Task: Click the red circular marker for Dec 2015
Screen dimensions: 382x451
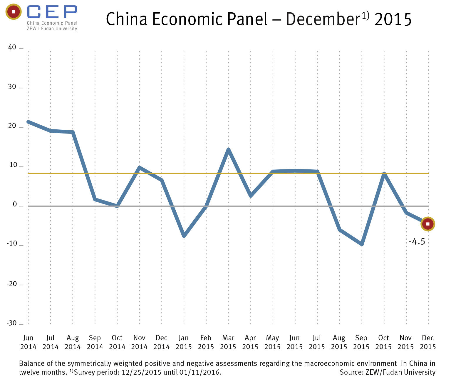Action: [x=428, y=224]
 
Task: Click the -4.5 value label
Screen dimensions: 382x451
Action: [x=417, y=242]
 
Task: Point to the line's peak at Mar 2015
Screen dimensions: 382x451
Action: [x=228, y=150]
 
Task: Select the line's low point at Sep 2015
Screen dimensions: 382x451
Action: [x=362, y=244]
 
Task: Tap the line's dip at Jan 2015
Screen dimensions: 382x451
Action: [x=184, y=236]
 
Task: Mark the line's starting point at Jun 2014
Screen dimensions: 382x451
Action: [x=28, y=122]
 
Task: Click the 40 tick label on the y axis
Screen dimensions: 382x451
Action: [x=12, y=47]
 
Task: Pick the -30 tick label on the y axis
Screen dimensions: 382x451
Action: [x=12, y=323]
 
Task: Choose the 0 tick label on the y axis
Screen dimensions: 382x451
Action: [x=15, y=205]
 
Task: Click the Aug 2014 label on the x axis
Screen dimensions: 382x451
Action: [x=73, y=342]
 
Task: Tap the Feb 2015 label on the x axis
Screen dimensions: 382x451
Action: [x=206, y=342]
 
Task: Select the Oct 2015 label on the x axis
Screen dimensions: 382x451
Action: [x=383, y=342]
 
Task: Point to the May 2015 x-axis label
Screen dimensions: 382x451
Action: [x=272, y=342]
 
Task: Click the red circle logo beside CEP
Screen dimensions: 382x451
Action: [x=13, y=12]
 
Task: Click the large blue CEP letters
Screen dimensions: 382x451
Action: [x=52, y=12]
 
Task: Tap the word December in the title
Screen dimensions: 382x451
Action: [x=323, y=19]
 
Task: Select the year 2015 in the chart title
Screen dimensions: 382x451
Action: [x=393, y=19]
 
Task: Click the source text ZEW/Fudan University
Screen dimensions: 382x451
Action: [x=400, y=372]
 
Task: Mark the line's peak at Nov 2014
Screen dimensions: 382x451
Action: [x=139, y=168]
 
